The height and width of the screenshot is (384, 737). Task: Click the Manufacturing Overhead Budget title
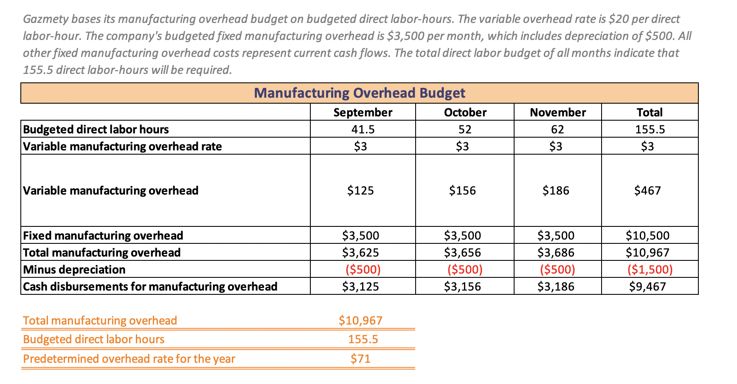[x=359, y=93]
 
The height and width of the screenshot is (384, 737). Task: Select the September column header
[x=363, y=112]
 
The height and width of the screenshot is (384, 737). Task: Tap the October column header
[x=465, y=112]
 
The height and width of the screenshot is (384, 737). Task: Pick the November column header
[x=557, y=112]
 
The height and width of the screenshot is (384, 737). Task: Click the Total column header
[x=649, y=112]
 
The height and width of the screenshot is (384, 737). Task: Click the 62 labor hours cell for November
[x=557, y=129]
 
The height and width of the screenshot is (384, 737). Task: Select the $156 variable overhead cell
[x=462, y=190]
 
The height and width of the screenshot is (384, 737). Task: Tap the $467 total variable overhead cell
[x=647, y=190]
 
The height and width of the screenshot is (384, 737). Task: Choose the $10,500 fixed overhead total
[x=647, y=235]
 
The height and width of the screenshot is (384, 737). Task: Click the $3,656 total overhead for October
[x=462, y=252]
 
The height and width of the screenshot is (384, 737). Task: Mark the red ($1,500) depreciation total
[x=650, y=269]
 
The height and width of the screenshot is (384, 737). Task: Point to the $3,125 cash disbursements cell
[x=360, y=286]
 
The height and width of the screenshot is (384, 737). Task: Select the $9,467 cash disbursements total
[x=647, y=286]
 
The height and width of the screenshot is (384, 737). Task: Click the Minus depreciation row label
[x=74, y=269]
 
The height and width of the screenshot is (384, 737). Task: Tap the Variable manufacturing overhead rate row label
[x=122, y=146]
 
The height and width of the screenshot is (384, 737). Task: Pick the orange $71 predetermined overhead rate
[x=360, y=359]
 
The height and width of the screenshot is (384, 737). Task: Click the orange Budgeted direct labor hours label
[x=93, y=339]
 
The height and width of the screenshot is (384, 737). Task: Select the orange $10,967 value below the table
[x=360, y=320]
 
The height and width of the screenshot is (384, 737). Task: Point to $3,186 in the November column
[x=556, y=286]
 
